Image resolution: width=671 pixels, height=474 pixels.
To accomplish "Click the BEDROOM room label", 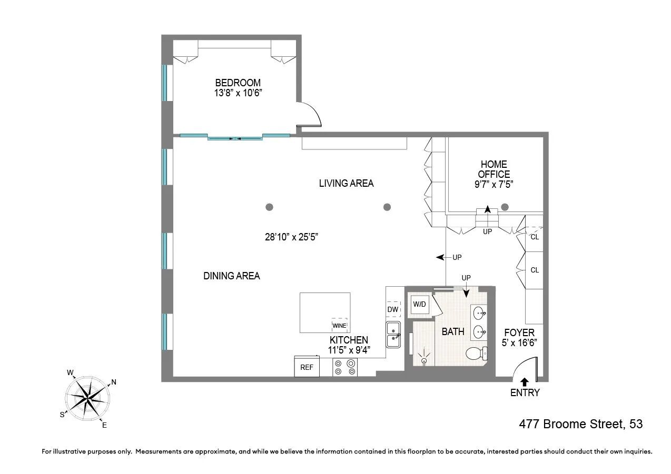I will [x=238, y=83].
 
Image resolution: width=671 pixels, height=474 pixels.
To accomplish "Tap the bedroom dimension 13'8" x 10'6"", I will [x=238, y=93].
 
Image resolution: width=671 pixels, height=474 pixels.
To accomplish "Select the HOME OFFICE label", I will [x=494, y=169].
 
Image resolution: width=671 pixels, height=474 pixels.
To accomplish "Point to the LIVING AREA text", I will [x=346, y=183].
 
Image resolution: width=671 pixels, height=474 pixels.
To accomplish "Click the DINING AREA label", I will [x=231, y=276].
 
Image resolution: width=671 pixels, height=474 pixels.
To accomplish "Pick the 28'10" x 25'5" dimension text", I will [x=291, y=237].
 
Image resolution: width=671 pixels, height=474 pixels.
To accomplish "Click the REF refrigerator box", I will [x=307, y=367].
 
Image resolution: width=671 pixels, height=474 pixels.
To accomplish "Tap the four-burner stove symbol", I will [x=345, y=367].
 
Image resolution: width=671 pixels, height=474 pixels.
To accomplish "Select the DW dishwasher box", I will [x=393, y=309].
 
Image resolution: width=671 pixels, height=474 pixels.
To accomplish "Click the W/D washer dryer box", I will [x=419, y=304].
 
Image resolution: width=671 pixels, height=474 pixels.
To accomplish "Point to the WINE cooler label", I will [x=339, y=326].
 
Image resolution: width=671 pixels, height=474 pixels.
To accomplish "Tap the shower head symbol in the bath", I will [x=425, y=360].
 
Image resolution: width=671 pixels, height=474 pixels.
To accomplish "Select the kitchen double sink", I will [x=393, y=335].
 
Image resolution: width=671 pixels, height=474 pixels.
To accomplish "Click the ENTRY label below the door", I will [x=525, y=392].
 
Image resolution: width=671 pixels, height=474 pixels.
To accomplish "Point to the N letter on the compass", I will [x=114, y=382].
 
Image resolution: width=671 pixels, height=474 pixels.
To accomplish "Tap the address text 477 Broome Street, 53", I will [x=581, y=424].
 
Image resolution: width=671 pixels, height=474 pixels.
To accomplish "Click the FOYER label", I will [x=519, y=332].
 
